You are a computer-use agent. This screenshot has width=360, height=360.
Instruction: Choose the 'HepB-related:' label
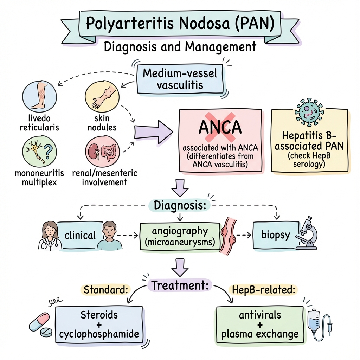(263, 290)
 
